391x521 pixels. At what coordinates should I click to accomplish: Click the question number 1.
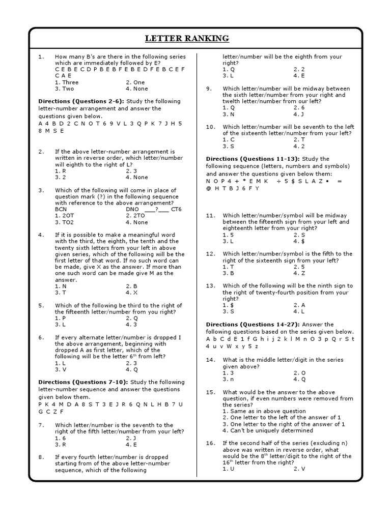41,56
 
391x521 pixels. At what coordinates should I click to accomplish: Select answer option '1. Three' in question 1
67,82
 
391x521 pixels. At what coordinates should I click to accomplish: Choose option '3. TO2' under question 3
64,222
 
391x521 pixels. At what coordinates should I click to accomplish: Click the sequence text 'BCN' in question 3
61,209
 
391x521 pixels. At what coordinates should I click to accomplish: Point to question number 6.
41,337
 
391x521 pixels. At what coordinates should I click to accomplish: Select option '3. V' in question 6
61,369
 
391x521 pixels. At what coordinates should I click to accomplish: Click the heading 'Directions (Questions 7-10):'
83,382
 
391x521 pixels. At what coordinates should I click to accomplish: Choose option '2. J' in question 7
131,438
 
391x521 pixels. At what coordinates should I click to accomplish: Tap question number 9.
209,89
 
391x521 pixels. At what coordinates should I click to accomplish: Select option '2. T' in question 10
299,139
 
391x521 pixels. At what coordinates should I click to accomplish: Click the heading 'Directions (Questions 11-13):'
253,159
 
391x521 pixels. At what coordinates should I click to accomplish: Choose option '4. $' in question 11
299,241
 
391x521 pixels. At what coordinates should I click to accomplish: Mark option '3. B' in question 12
229,273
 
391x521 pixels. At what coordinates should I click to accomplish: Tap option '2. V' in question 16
299,469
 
